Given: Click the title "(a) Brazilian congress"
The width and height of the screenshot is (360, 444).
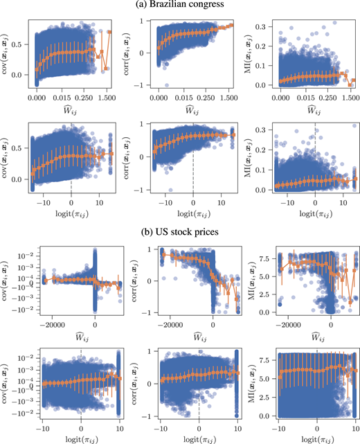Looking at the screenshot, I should [x=179, y=6].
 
